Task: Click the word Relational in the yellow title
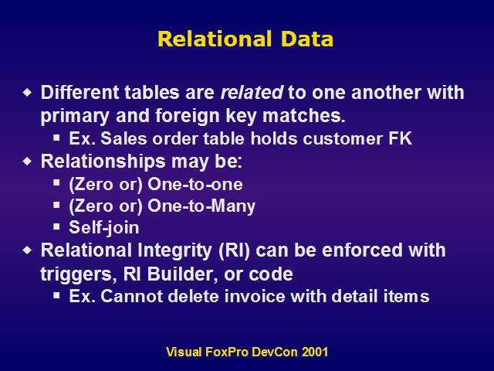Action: (215, 39)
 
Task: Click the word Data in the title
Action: (307, 39)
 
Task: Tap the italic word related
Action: (252, 93)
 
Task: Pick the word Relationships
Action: (103, 162)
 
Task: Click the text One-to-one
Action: (195, 184)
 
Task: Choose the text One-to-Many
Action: (201, 206)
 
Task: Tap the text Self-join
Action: (104, 228)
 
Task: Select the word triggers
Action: (76, 274)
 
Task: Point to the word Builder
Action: (182, 274)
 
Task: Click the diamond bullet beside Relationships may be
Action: (28, 162)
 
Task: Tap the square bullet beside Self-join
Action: (56, 226)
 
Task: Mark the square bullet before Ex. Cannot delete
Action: (56, 295)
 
